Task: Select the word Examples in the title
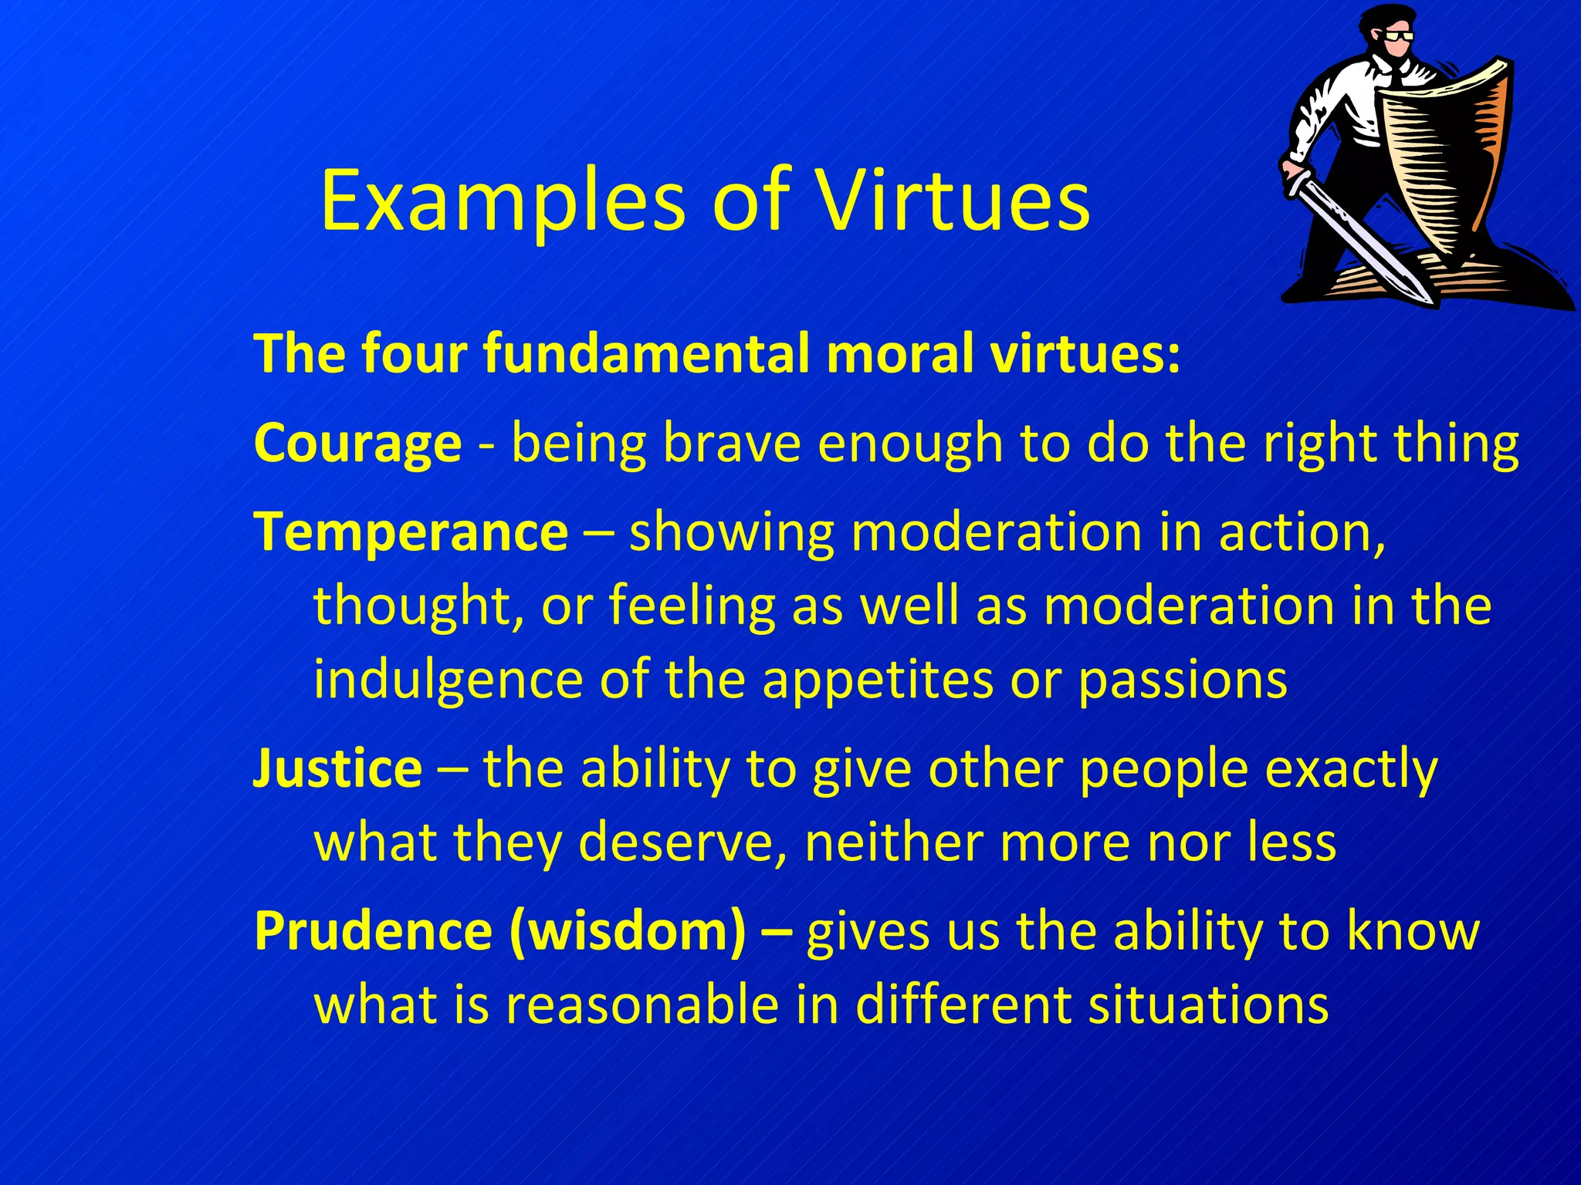[502, 202]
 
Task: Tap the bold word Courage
[357, 444]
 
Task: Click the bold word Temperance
[411, 532]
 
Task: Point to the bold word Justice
[337, 768]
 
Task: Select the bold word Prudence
[373, 930]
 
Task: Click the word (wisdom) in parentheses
[628, 932]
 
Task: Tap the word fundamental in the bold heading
[646, 354]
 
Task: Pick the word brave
[732, 444]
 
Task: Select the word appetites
[878, 680]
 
